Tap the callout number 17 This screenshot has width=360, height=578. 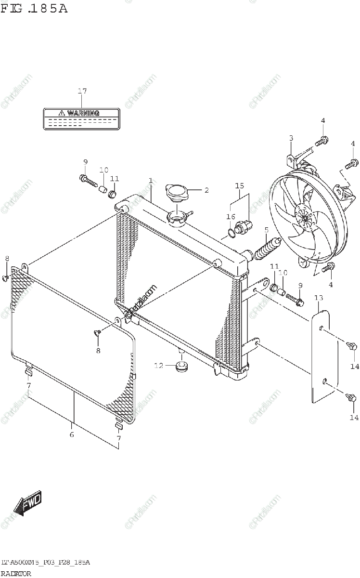[x=82, y=91]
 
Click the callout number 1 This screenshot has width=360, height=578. [x=150, y=181]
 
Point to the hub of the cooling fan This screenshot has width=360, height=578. [x=305, y=218]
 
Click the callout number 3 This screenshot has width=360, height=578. [x=291, y=139]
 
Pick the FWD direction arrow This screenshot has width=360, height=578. [x=28, y=504]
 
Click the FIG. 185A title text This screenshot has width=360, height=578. [x=34, y=9]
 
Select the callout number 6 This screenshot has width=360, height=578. [x=72, y=435]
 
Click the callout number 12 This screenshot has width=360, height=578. [x=158, y=366]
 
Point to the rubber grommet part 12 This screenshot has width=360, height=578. [x=181, y=368]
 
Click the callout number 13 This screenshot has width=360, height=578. [x=319, y=298]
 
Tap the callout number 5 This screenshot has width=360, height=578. [x=266, y=229]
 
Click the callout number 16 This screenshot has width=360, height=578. [x=231, y=217]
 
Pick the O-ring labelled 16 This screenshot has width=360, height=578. [x=232, y=234]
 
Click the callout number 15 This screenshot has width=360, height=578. [x=239, y=185]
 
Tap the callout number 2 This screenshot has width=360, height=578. [x=206, y=190]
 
